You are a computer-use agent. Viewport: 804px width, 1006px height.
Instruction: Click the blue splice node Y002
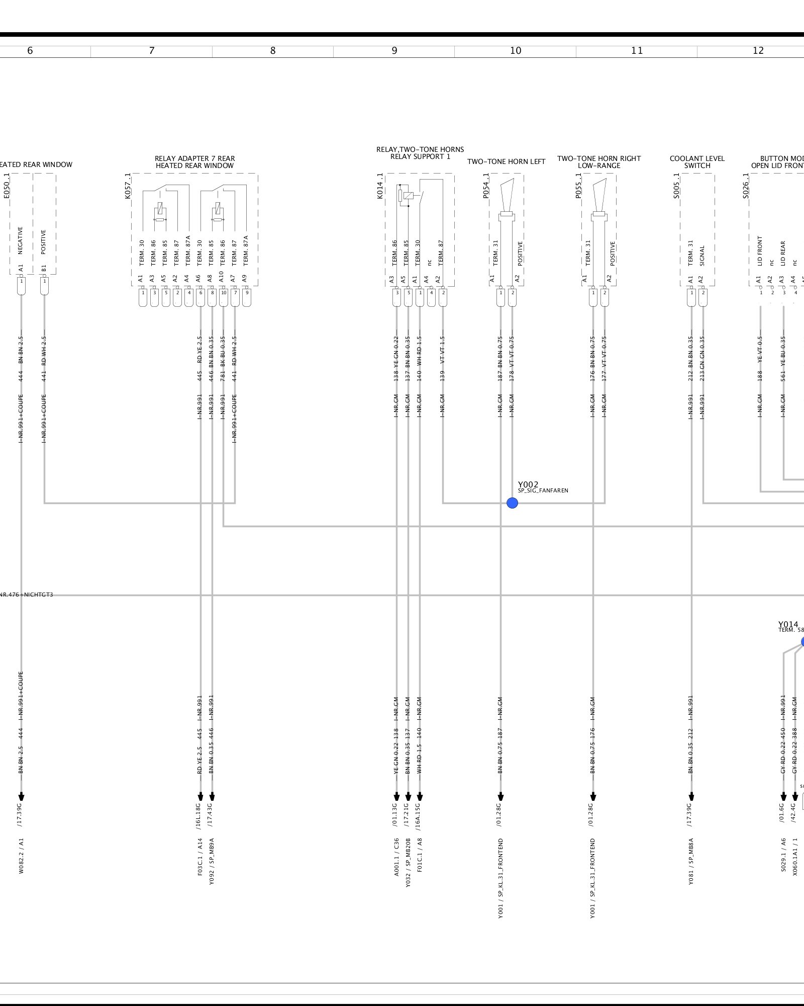coord(512,502)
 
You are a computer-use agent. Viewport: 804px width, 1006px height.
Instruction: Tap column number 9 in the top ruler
coord(394,50)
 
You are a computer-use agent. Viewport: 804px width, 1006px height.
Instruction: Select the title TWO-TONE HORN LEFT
coord(506,161)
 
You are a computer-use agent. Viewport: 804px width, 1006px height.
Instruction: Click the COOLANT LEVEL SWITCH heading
coord(697,162)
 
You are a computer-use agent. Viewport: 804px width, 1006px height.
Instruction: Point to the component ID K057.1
coord(128,186)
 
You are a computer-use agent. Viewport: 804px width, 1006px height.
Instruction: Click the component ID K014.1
coord(380,186)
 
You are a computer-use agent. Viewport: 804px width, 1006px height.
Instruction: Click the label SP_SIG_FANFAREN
coord(543,490)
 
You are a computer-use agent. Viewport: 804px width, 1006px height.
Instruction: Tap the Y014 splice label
coord(788,625)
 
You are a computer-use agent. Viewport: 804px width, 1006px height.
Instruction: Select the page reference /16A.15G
coord(420,815)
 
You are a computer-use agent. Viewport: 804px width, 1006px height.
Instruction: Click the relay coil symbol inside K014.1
coord(409,196)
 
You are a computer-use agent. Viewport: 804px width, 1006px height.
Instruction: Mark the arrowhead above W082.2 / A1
coord(21,797)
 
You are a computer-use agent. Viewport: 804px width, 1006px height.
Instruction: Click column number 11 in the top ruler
coord(637,50)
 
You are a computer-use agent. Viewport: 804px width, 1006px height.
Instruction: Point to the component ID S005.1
coord(676,186)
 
